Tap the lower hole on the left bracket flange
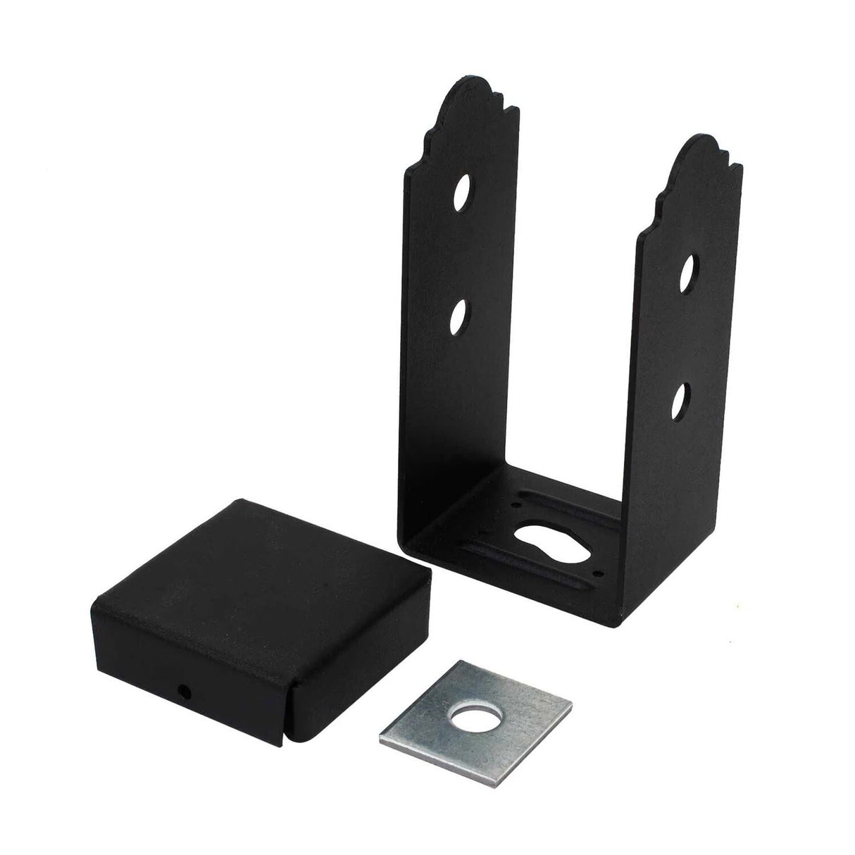coord(461,316)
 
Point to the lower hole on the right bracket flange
coord(681,398)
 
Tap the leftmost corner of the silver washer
coord(380,739)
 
